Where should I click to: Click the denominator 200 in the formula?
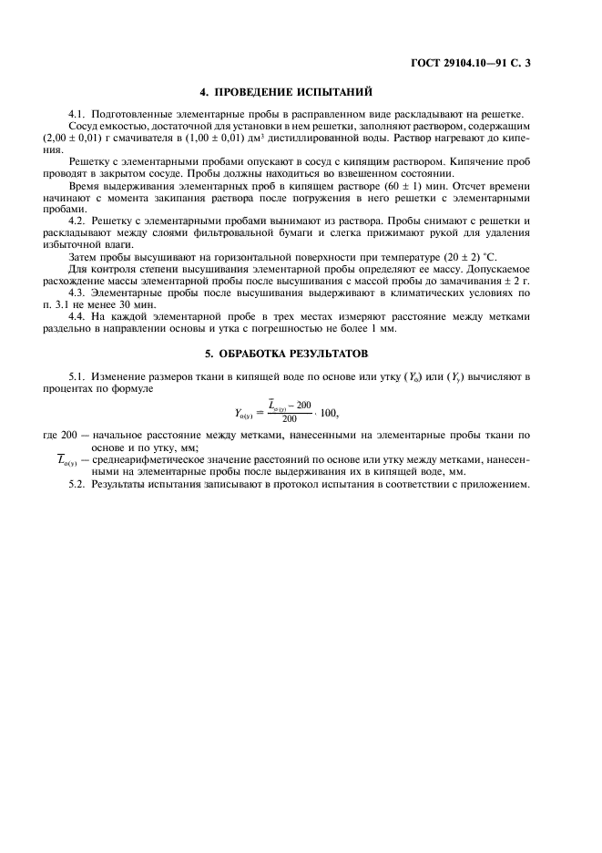pos(290,419)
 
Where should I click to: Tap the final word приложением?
pos(495,484)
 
